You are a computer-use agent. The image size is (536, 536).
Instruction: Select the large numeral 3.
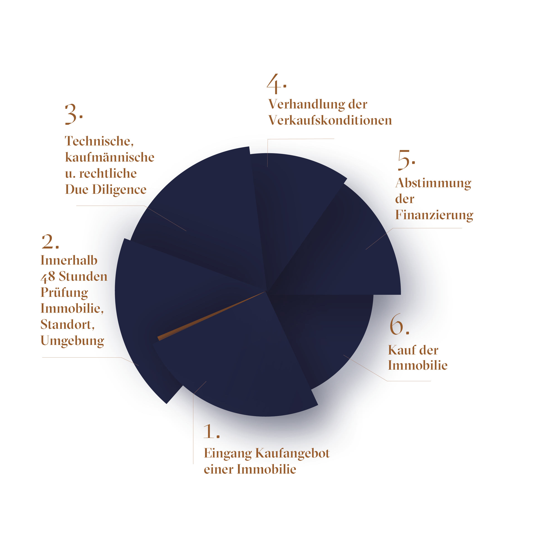pyautogui.click(x=71, y=114)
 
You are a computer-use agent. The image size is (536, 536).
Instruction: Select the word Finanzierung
pyautogui.click(x=434, y=215)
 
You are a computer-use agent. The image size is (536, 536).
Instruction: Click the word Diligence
pyautogui.click(x=119, y=190)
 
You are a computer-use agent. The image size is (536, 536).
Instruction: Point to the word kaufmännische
pyautogui.click(x=110, y=157)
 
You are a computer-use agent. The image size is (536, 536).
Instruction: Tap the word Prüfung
pyautogui.click(x=64, y=293)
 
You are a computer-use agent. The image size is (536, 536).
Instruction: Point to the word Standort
pyautogui.click(x=67, y=325)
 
